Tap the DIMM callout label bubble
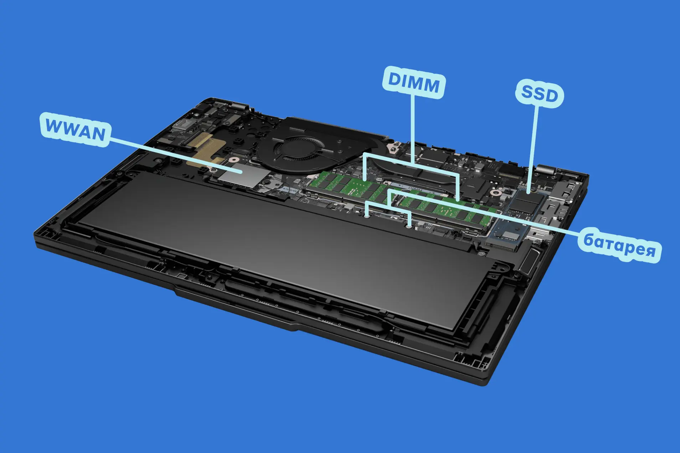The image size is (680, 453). pos(413,82)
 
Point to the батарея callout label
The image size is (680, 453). pos(619,245)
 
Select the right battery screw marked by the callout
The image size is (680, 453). pos(409,225)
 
